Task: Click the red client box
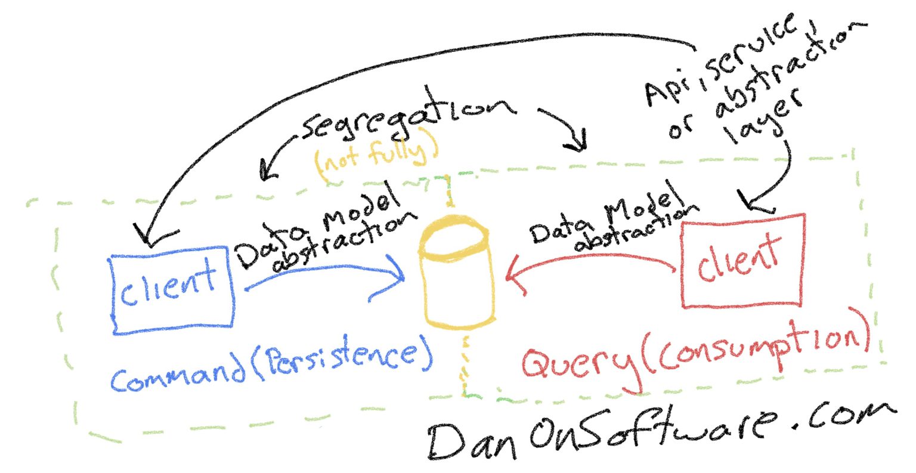742,261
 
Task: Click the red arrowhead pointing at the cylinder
514,276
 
